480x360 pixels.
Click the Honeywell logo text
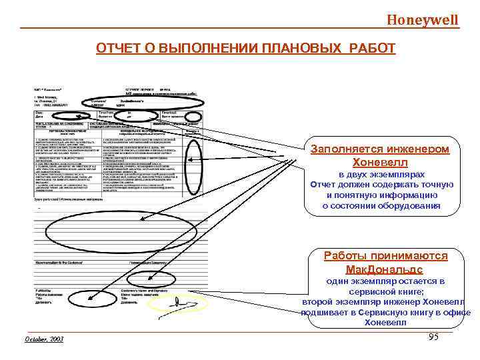[423, 19]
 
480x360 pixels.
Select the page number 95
[433, 337]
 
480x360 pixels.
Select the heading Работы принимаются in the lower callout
[385, 255]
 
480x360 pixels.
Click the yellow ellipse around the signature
[178, 304]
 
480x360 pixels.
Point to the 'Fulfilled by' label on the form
[43, 291]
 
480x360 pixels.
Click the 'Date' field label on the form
[39, 113]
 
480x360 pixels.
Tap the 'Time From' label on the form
[106, 113]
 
